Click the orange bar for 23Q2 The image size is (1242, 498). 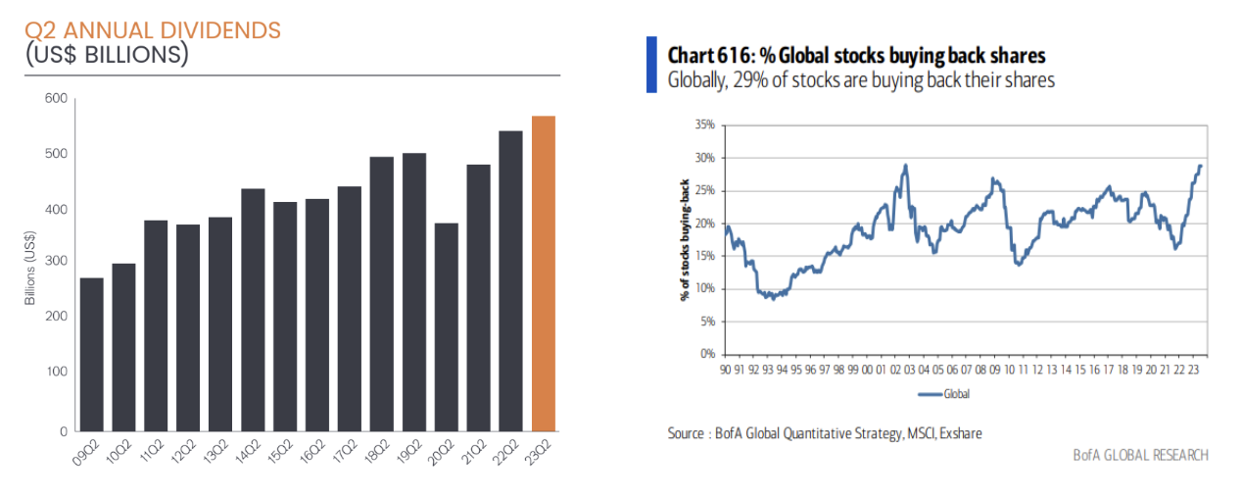[544, 274]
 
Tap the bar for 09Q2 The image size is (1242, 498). [92, 354]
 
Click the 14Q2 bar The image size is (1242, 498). [253, 309]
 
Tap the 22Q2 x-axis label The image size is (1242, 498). [507, 454]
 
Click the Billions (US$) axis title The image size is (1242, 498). [30, 264]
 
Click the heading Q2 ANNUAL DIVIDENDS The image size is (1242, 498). [153, 30]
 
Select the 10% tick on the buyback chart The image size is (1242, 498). [704, 288]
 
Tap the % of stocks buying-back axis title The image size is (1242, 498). [682, 239]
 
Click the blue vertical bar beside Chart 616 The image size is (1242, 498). [651, 65]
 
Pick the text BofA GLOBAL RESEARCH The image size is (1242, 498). [1140, 455]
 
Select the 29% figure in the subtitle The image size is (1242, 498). [744, 80]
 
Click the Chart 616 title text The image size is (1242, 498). [856, 55]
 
